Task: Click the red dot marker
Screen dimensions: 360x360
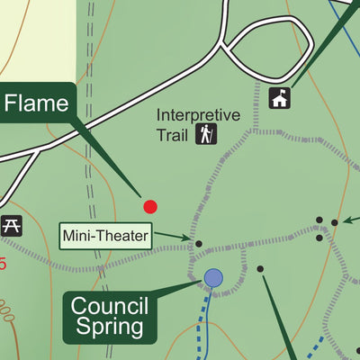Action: (150, 206)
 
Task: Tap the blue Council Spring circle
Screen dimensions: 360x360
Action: (213, 277)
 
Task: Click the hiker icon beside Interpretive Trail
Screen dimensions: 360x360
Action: (208, 135)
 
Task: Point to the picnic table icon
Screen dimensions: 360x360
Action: (12, 226)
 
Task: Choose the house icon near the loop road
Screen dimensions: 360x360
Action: (280, 97)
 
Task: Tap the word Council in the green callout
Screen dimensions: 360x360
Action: (109, 306)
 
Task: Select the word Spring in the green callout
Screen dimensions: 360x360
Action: (111, 328)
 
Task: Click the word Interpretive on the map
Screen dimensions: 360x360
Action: (199, 115)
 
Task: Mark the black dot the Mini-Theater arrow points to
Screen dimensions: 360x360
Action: (199, 243)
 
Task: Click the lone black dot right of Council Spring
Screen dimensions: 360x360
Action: (260, 268)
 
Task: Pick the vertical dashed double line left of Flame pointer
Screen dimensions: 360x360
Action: (90, 135)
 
